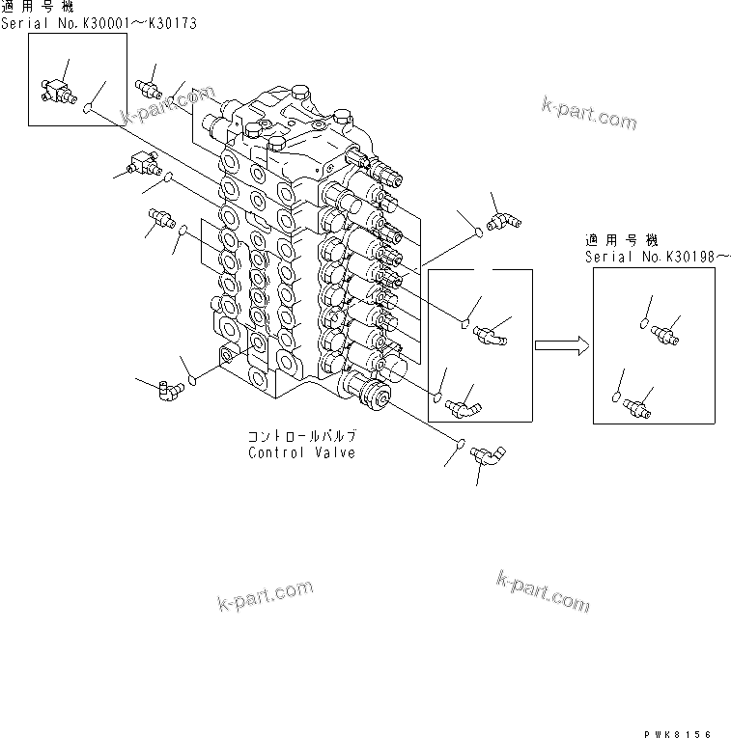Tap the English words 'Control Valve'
[300, 452]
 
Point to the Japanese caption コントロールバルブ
[300, 436]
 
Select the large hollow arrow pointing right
[561, 344]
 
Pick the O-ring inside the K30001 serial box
[88, 109]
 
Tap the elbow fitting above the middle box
[502, 222]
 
